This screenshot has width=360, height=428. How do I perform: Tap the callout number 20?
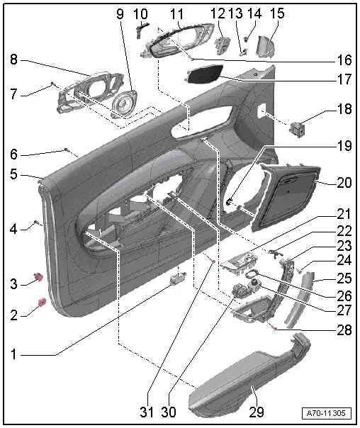344,181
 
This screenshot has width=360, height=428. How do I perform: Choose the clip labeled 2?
40,305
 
